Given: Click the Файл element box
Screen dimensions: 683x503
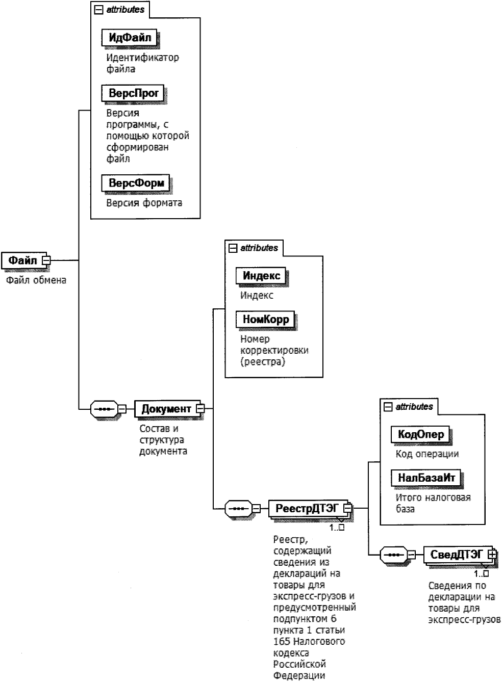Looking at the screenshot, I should coord(22,260).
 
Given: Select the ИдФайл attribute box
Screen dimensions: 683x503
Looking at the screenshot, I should coord(130,37).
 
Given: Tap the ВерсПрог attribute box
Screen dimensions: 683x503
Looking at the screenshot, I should coord(134,93).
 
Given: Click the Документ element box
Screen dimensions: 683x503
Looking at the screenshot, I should coord(166,408).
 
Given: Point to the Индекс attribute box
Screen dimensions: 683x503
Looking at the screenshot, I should coord(261,276).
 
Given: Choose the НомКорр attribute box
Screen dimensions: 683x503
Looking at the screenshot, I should coord(265,320).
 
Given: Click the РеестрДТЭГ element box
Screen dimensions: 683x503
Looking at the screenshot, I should coord(307,508).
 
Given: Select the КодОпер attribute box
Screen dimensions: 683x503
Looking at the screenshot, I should coord(420,435).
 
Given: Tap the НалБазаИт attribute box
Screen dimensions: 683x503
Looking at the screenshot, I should coord(425,478).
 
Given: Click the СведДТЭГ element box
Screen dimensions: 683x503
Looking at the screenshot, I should coord(456,554).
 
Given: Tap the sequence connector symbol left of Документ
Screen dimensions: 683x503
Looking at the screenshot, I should coord(104,408).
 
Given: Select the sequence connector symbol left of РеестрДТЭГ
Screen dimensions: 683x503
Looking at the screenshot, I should coord(238,508).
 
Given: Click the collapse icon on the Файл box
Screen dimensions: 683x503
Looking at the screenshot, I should coord(46,260).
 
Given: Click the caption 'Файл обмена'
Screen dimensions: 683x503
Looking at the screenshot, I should coord(36,280).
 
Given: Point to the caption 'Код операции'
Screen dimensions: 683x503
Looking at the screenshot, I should coord(427,454).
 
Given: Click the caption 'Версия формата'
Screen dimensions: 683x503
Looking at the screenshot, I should coord(144,203).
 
